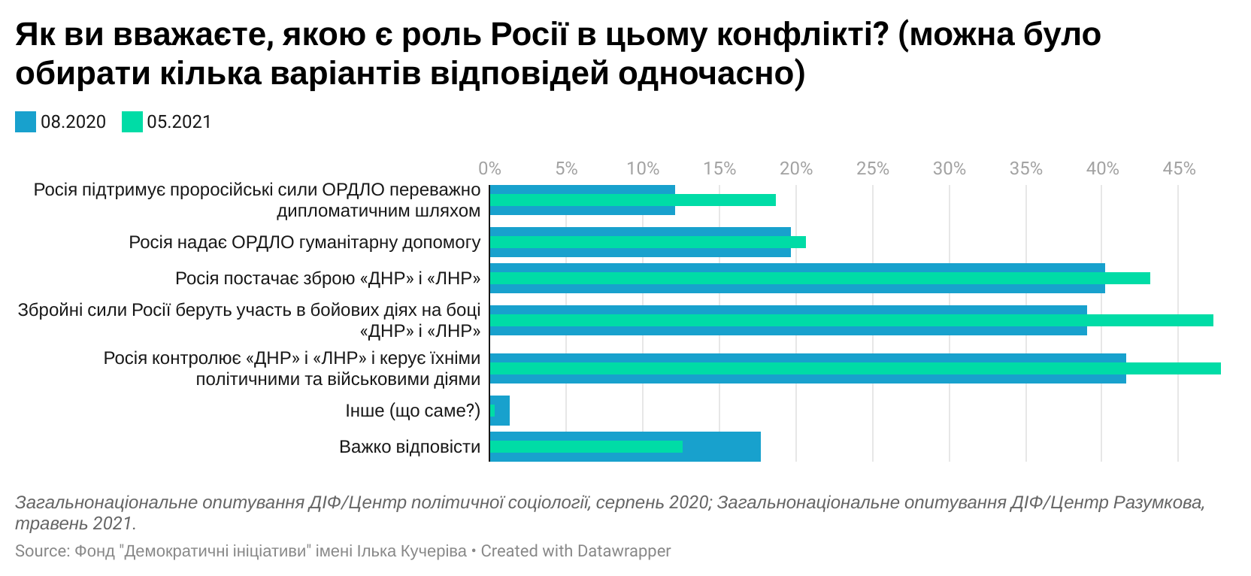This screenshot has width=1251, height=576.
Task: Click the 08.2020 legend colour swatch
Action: pyautogui.click(x=26, y=122)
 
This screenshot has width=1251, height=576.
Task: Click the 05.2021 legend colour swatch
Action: pyautogui.click(x=132, y=122)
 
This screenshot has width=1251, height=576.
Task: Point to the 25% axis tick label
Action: pyautogui.click(x=872, y=168)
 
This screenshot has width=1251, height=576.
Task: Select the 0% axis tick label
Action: pyautogui.click(x=489, y=168)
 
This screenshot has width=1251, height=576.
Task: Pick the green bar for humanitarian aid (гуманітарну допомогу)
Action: pyautogui.click(x=647, y=242)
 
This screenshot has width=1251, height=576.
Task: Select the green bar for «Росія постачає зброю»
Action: pyautogui.click(x=819, y=278)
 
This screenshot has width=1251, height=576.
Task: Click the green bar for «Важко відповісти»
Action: pyautogui.click(x=586, y=447)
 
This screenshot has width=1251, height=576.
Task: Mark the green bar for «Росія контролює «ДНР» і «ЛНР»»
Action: pyautogui.click(x=855, y=368)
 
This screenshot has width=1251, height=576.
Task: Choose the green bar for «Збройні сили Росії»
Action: pyautogui.click(x=851, y=320)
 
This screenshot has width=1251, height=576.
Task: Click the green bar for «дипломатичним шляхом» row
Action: pyautogui.click(x=632, y=200)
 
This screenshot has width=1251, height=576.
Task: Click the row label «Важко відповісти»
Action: pyautogui.click(x=410, y=447)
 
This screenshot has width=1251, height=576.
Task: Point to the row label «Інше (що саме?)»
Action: pyautogui.click(x=413, y=411)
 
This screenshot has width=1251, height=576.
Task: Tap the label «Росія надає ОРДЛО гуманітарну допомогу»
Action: pyautogui.click(x=304, y=243)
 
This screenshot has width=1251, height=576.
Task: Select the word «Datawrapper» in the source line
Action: pyautogui.click(x=623, y=551)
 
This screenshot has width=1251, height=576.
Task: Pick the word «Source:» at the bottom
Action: pyautogui.click(x=42, y=551)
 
